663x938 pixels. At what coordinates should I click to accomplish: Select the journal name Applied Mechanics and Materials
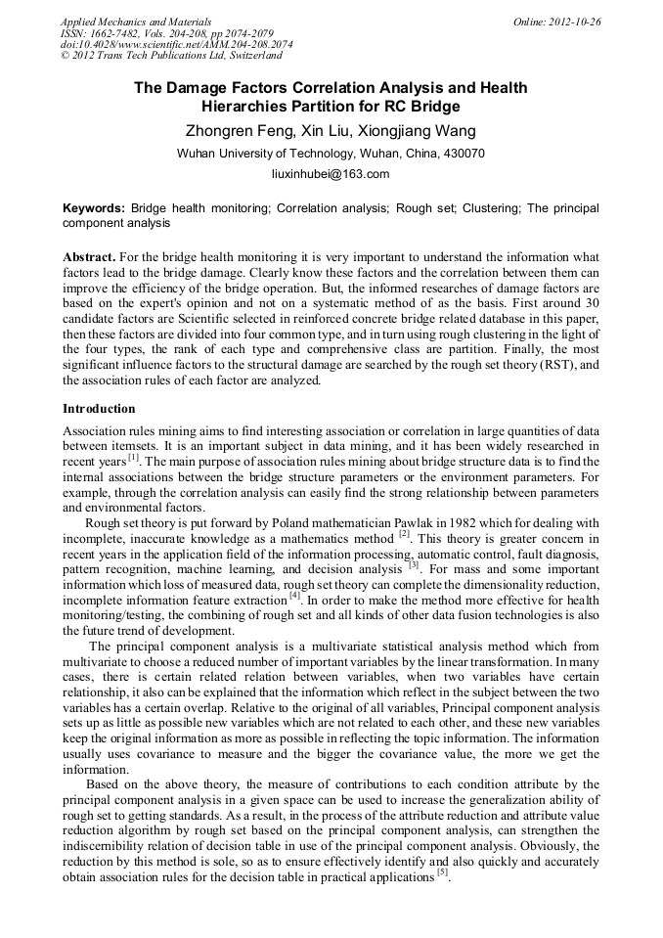(x=136, y=22)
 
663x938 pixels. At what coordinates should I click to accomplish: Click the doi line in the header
(x=176, y=44)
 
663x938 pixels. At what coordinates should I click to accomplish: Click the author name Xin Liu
(x=322, y=131)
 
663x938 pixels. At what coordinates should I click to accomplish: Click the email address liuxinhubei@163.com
(x=331, y=174)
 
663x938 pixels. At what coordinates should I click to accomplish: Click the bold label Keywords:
(x=94, y=208)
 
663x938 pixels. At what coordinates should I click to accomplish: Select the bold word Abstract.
(x=89, y=255)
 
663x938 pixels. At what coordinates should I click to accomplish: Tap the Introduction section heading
(x=99, y=408)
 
